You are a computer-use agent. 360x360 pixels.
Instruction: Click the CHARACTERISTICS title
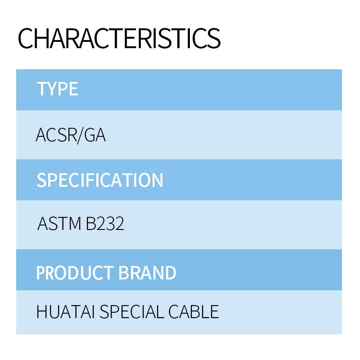[119, 38]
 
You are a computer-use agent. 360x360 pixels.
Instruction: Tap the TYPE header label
[58, 89]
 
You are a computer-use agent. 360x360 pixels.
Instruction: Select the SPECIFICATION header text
[100, 180]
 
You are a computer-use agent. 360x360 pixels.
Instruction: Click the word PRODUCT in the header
[75, 273]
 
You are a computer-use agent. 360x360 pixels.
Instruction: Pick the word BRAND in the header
[148, 273]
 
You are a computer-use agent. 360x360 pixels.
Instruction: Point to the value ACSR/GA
[71, 135]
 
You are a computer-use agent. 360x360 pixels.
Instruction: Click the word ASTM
[59, 224]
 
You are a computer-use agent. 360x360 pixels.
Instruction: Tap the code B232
[105, 224]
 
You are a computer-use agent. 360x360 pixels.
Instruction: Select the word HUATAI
[66, 312]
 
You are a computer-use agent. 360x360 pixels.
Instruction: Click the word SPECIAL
[132, 312]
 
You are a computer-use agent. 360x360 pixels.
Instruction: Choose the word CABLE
[193, 312]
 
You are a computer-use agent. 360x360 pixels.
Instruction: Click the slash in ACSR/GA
[81, 136]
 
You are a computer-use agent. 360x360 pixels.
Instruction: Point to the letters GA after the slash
[95, 135]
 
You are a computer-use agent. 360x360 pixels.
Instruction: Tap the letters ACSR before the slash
[57, 135]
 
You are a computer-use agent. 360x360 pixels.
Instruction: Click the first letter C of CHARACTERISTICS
[26, 38]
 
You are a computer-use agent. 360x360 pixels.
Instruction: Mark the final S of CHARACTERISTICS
[213, 38]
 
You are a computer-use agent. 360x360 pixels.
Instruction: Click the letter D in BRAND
[171, 273]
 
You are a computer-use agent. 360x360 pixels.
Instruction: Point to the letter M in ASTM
[75, 224]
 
